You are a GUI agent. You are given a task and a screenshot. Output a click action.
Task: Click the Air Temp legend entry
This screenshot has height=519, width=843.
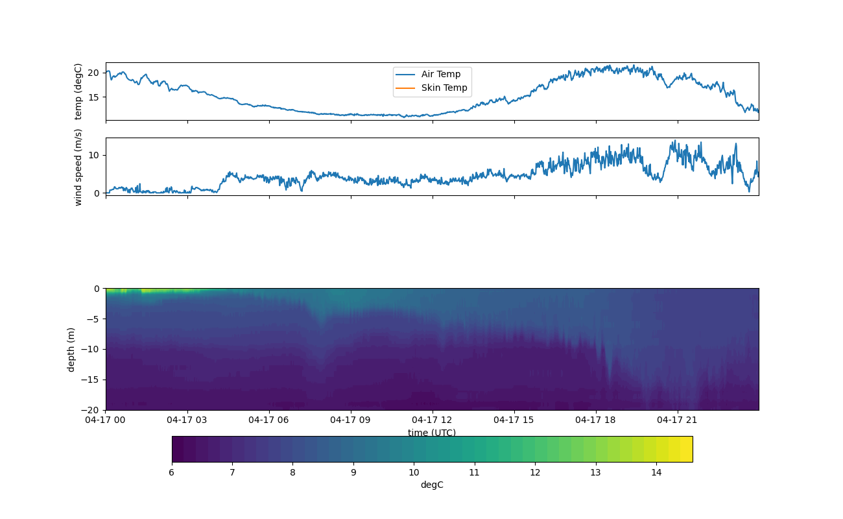[x=440, y=74]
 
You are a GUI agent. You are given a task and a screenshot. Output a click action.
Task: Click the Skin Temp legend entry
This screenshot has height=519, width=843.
[x=444, y=88]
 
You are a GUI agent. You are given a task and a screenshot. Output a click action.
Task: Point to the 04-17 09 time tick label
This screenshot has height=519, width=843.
[x=350, y=420]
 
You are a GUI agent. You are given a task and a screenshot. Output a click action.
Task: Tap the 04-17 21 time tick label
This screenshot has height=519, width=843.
[x=677, y=420]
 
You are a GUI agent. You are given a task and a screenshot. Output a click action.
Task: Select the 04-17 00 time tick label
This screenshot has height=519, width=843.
[x=106, y=420]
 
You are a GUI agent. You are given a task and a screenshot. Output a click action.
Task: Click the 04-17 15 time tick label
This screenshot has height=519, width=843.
[x=514, y=420]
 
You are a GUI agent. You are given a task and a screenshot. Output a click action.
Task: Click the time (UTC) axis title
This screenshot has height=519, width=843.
[x=432, y=433]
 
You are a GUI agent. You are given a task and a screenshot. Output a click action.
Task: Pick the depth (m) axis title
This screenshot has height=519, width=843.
[x=71, y=349]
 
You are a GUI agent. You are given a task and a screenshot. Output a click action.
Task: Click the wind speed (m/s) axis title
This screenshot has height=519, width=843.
[x=78, y=167]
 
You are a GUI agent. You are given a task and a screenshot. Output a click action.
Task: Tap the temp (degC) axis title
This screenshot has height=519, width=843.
[x=78, y=91]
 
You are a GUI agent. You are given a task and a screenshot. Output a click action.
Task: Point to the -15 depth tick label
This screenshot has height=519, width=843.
[x=91, y=380]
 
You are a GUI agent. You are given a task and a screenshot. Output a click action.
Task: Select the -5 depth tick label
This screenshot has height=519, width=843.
[x=93, y=319]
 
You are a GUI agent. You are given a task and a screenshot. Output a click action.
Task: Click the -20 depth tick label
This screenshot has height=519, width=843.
[x=91, y=410]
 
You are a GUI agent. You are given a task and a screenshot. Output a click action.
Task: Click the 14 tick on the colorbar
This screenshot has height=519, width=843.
[x=656, y=472]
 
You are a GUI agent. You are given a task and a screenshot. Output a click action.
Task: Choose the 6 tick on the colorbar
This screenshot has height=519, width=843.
[x=172, y=472]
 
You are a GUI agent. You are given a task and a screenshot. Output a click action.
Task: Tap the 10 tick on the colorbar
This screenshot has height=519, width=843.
[x=414, y=472]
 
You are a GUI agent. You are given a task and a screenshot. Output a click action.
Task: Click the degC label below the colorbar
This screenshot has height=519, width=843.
[x=432, y=485]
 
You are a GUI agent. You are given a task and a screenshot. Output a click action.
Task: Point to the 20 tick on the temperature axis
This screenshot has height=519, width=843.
[x=93, y=73]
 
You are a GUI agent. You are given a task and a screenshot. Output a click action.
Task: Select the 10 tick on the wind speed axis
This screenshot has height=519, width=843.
[x=93, y=155]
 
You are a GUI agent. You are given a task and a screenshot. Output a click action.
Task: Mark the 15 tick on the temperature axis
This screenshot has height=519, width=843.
[x=93, y=97]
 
